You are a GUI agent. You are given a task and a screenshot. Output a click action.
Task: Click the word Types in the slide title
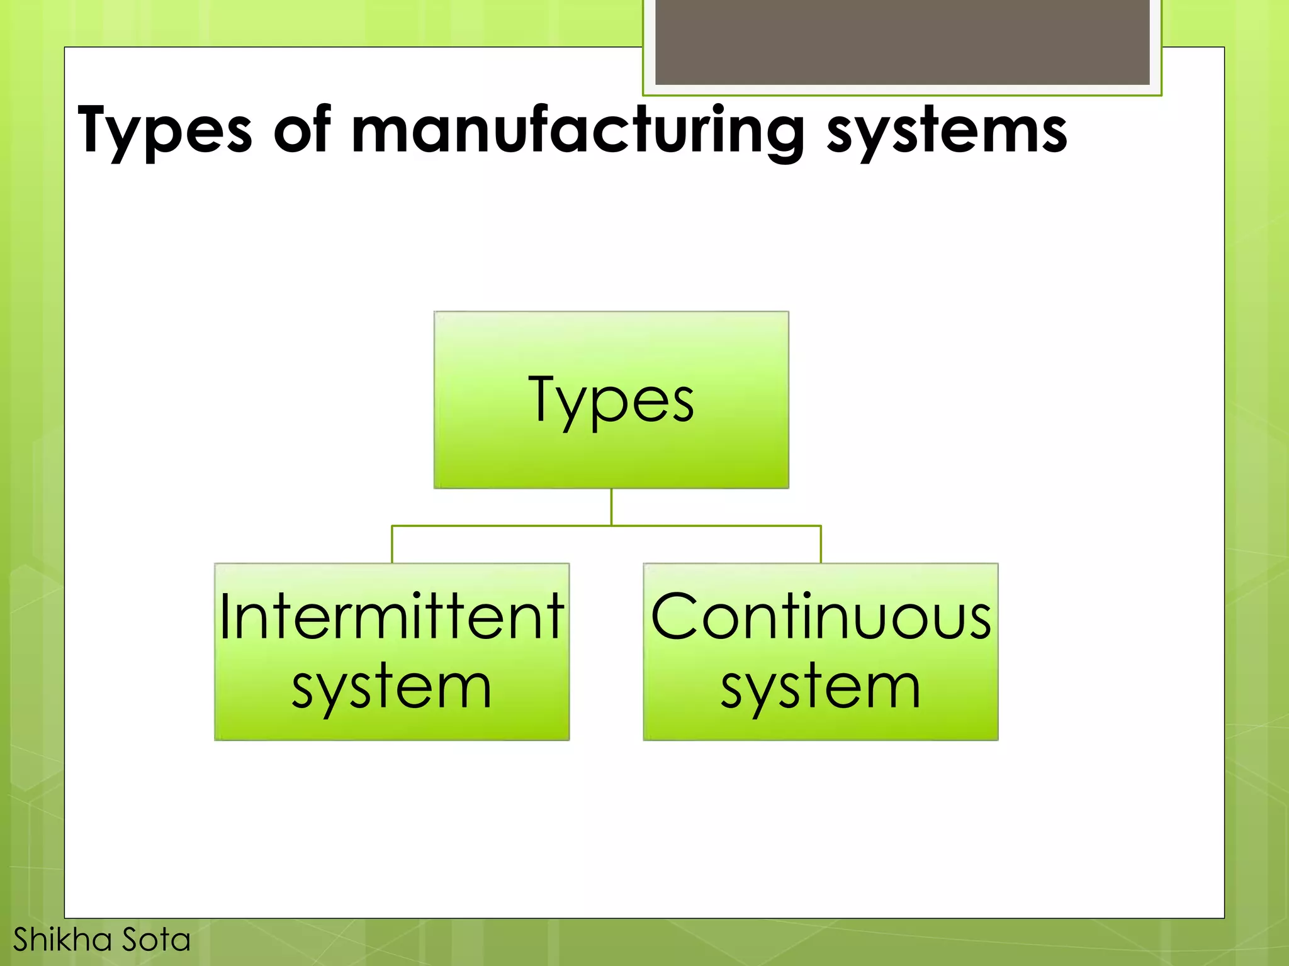tap(164, 131)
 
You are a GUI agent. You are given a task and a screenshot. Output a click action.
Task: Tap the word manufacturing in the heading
tap(577, 131)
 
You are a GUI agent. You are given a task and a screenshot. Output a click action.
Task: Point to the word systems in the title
tap(947, 131)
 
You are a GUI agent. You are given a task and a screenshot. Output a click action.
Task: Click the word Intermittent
tap(391, 617)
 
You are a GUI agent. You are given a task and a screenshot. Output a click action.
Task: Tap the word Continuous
tap(821, 617)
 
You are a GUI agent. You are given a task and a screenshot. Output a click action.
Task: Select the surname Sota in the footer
tap(156, 940)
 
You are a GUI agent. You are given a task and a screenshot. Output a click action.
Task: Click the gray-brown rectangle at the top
tap(902, 42)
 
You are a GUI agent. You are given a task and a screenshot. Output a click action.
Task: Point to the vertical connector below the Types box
tap(611, 507)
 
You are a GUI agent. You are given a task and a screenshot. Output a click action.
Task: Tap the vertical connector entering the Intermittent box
tap(392, 545)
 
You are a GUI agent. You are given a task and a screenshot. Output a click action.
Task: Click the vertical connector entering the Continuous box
tap(821, 545)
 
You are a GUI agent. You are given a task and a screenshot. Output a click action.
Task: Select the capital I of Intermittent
tap(225, 617)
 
